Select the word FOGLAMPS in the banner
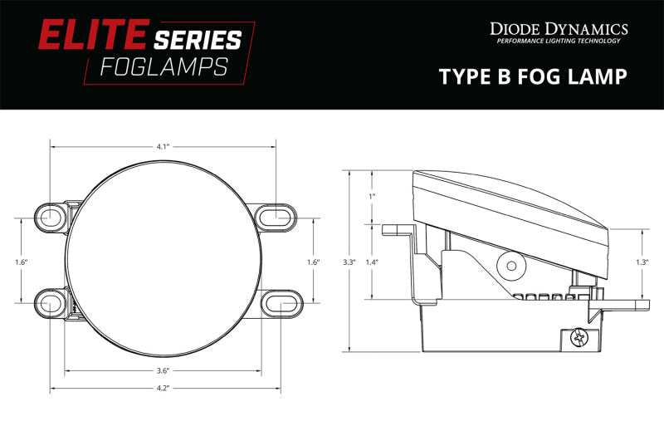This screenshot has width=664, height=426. click(x=164, y=67)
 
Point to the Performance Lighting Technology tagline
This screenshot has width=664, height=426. click(x=559, y=42)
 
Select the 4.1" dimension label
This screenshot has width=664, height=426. click(x=163, y=146)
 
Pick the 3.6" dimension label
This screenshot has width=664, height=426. click(x=163, y=370)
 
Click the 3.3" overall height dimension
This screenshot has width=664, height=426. click(x=349, y=262)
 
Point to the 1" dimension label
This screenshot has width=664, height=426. click(x=373, y=196)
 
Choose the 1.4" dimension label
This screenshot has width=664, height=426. click(x=373, y=262)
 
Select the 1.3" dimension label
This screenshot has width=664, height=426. click(x=642, y=262)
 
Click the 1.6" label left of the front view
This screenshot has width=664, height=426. click(x=22, y=262)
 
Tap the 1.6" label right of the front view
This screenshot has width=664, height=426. click(x=313, y=262)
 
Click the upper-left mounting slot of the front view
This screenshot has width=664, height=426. click(x=51, y=217)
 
